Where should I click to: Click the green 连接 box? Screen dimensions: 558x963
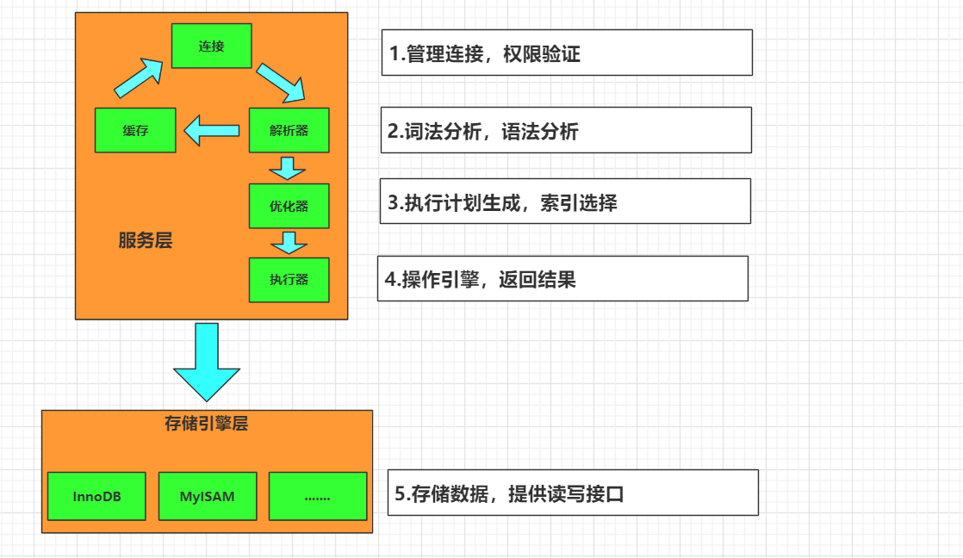tap(211, 46)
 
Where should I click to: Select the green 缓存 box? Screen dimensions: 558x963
tap(135, 131)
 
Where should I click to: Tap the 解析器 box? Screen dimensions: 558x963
tap(289, 131)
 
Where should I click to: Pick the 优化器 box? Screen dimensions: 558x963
tap(289, 206)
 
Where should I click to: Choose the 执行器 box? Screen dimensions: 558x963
tap(289, 280)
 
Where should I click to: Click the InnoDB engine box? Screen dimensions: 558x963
tap(96, 496)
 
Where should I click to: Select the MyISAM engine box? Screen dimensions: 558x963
tap(208, 496)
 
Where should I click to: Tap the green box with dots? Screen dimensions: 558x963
tap(318, 496)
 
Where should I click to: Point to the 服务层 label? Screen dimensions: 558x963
tap(146, 241)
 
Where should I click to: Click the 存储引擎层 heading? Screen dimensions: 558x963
tap(206, 423)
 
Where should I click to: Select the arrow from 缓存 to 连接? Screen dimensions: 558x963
tap(139, 78)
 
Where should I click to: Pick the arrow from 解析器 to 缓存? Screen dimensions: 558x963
tap(212, 131)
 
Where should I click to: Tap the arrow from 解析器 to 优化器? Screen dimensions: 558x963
tap(288, 168)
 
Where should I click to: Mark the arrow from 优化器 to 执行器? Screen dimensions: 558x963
tap(289, 243)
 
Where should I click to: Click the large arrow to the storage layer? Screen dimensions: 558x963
tap(207, 362)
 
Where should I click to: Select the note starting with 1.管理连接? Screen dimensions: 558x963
tap(567, 53)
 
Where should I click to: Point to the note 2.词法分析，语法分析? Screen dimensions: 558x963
tap(566, 130)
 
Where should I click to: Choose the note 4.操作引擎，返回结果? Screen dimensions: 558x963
tap(562, 278)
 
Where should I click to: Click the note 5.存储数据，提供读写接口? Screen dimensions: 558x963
tap(573, 493)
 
